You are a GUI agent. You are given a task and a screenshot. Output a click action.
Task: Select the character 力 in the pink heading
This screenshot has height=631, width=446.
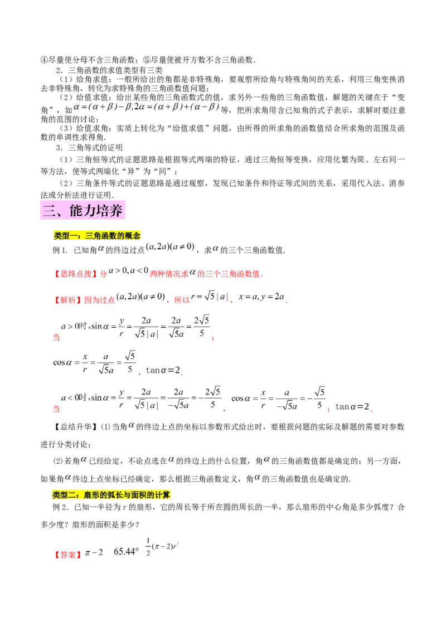click(93, 211)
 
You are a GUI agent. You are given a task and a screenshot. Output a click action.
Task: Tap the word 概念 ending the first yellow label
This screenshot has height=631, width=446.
click(133, 236)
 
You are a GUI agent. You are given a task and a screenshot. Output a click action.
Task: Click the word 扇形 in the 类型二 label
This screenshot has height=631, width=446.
click(91, 494)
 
